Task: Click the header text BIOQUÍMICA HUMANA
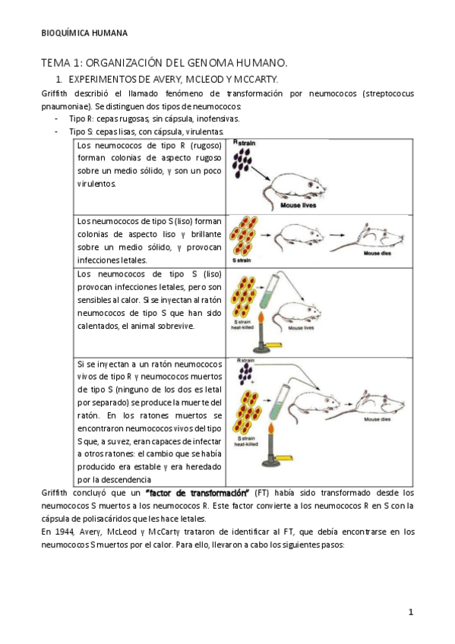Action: click(x=84, y=33)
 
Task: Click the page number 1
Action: click(x=411, y=612)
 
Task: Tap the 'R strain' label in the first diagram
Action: click(x=244, y=143)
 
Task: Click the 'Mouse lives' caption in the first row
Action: click(x=298, y=205)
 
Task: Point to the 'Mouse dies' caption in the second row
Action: click(x=377, y=254)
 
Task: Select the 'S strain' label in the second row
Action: click(x=242, y=260)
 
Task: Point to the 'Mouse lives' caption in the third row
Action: click(x=301, y=328)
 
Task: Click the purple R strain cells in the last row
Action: click(x=245, y=374)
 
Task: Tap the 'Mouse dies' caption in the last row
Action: click(x=377, y=419)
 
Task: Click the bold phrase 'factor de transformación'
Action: click(x=197, y=493)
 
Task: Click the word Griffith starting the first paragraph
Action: click(x=54, y=93)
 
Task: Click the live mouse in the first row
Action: click(x=295, y=187)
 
